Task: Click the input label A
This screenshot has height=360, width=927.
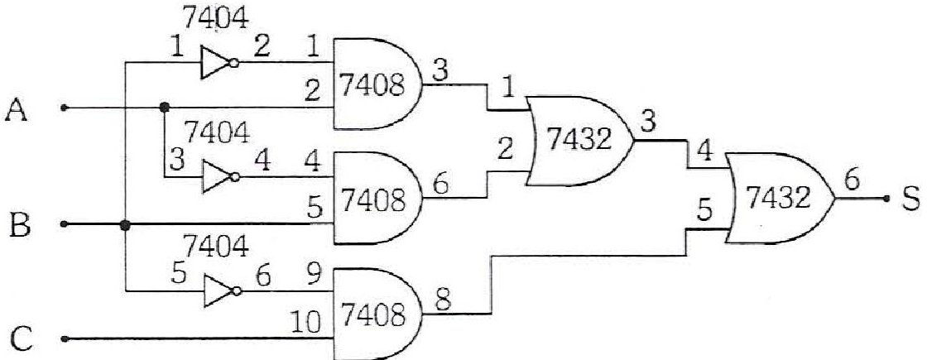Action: (17, 111)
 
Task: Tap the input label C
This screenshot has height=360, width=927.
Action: (21, 340)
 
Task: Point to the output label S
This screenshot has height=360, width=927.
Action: (911, 199)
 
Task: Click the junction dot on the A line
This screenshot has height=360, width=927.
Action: (165, 108)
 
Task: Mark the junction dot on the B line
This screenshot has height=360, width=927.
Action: (125, 225)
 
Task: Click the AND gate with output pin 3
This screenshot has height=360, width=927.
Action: (377, 84)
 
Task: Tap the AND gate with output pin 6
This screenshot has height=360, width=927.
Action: (377, 198)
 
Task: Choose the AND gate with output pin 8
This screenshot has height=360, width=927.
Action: (377, 313)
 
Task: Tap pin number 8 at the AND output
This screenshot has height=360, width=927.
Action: (444, 300)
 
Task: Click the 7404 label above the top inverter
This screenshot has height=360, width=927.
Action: (216, 18)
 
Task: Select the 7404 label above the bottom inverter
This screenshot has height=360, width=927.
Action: (216, 246)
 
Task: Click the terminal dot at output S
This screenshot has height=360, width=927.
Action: (886, 199)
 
